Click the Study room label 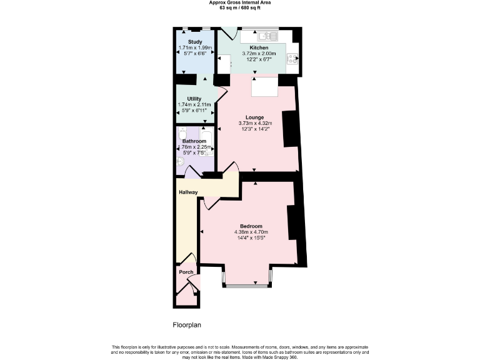click(195, 42)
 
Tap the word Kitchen click(259, 48)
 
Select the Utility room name click(194, 99)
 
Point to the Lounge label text click(254, 117)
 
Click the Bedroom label click(251, 226)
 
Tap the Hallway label click(189, 192)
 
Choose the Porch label click(186, 272)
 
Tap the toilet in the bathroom click(182, 135)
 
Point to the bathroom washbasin click(181, 161)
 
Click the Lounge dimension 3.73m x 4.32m click(256, 124)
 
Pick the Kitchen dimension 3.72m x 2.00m click(259, 54)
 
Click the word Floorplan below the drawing click(187, 325)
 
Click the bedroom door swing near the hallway click(211, 204)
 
